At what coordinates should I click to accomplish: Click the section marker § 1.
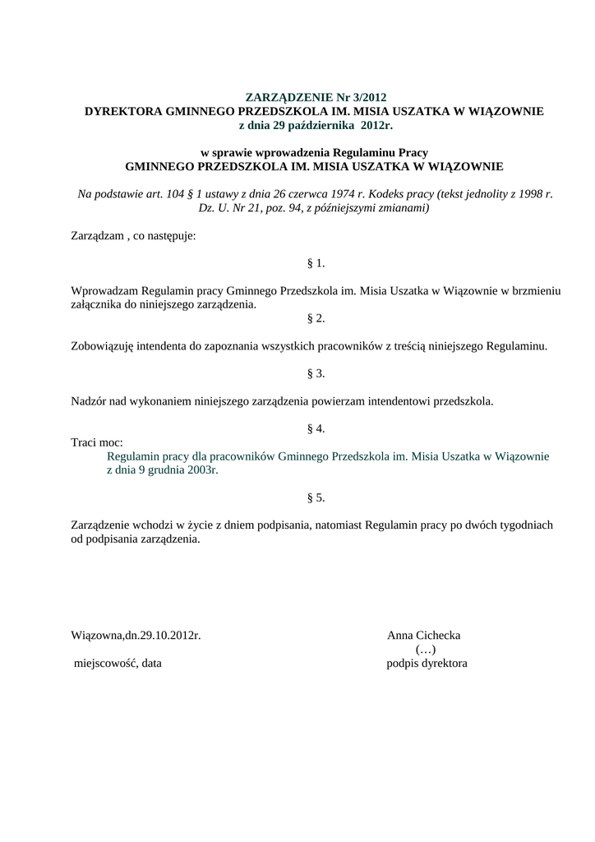(316, 263)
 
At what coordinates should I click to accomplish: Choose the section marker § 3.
(316, 373)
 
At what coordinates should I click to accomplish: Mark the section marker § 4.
(316, 428)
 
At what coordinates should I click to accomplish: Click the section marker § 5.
(316, 497)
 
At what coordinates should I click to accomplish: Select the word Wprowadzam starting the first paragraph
(105, 291)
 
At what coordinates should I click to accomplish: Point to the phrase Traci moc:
(97, 442)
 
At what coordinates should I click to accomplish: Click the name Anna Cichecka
(423, 636)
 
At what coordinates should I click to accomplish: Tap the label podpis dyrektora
(427, 664)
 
